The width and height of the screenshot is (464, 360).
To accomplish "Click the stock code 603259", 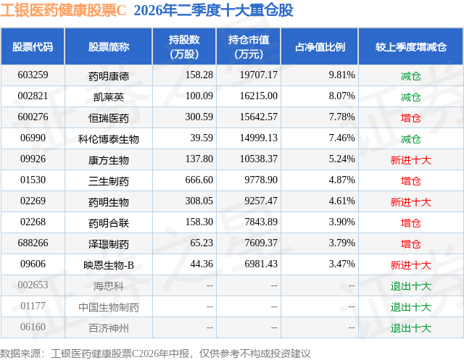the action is coord(33,75).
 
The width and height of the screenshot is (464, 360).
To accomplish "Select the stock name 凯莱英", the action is coord(109,96).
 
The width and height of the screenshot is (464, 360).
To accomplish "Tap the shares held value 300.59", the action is coord(199,117).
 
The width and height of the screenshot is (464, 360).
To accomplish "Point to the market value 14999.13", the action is coord(258,138).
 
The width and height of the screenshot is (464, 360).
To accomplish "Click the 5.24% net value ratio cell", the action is coord(341,159).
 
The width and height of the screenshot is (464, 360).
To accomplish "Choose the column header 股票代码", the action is coord(33,46).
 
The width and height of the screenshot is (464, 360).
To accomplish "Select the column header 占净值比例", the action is coord(320,46).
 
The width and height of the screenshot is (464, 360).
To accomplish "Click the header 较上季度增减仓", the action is coord(411,46).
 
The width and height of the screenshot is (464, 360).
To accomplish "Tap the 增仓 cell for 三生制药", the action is coord(411,180).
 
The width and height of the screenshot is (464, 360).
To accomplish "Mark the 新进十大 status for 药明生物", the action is coord(411,201).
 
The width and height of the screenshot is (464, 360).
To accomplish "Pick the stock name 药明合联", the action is coord(109,222).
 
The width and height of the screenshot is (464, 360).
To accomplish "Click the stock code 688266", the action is coord(33,243).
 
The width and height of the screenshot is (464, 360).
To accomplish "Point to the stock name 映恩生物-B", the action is coord(109,264).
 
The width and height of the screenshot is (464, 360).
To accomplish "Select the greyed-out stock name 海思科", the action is coord(109,285).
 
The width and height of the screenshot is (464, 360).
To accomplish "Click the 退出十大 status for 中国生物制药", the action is coord(411,306).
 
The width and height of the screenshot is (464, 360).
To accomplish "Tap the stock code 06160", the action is coord(33,327).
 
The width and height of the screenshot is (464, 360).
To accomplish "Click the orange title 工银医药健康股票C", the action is coord(63,10).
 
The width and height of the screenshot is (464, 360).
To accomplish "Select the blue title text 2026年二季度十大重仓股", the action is coord(213,10).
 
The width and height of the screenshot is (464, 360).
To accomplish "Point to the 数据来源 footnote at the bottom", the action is coord(155,353).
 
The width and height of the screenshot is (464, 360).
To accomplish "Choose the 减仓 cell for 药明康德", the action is coord(411,75).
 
